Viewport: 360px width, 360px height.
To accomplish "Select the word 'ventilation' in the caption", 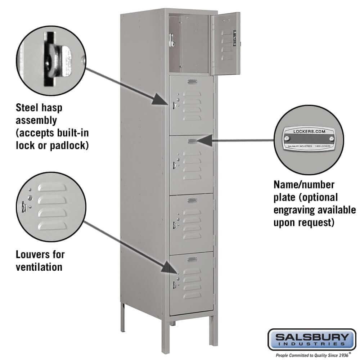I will point(39,267).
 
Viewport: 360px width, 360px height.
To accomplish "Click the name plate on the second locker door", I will point(192,82).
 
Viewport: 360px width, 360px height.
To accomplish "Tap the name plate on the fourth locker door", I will point(192,200).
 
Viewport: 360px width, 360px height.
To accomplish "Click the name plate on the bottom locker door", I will point(192,258).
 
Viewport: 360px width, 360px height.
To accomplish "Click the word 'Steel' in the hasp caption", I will point(27,108).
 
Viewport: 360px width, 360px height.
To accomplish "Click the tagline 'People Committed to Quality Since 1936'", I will point(312,355).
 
